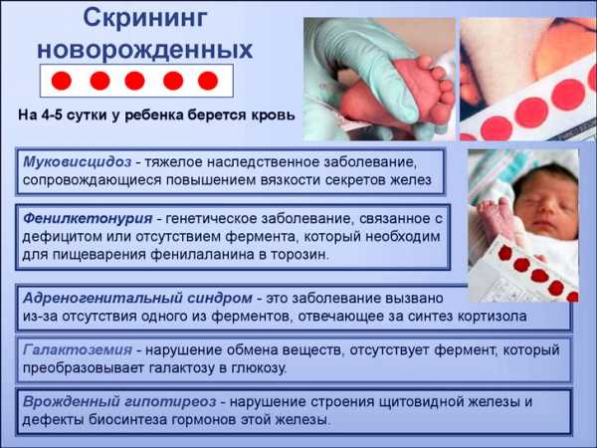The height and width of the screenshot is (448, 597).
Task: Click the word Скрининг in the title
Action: pos(145,18)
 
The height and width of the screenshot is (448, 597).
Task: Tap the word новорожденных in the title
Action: pos(144,50)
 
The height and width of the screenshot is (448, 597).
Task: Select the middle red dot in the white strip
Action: pos(134,81)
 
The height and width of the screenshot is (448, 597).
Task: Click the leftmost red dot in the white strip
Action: pos(62,81)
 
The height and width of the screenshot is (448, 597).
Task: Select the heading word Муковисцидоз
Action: pos(78,162)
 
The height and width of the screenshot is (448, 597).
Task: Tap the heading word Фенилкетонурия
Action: pos(88,218)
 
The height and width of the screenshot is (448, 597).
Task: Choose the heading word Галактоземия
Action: pos(78,349)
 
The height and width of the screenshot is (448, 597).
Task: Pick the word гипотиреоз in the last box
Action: pos(169,401)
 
